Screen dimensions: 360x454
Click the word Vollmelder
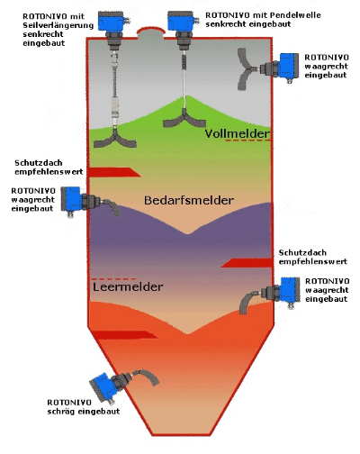(237, 133)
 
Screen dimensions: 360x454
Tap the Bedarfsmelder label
(189, 200)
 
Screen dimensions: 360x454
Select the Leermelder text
(128, 286)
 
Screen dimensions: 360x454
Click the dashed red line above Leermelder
(114, 278)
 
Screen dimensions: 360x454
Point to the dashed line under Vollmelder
(248, 141)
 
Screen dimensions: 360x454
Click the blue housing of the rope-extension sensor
(111, 21)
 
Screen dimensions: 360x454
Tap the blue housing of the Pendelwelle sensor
(180, 21)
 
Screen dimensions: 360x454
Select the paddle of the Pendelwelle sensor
(184, 121)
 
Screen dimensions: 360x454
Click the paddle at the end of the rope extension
(115, 141)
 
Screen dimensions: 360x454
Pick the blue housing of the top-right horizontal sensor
(289, 67)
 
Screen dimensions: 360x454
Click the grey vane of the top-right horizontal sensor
(245, 69)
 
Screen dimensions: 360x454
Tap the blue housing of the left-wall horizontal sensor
(71, 199)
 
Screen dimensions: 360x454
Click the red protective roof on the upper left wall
(115, 172)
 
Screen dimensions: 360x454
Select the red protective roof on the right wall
(247, 263)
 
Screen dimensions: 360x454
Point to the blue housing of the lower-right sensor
(290, 290)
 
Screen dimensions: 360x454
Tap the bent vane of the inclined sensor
(148, 376)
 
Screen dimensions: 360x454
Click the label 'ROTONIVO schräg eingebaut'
(84, 407)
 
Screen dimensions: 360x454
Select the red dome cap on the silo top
(151, 31)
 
